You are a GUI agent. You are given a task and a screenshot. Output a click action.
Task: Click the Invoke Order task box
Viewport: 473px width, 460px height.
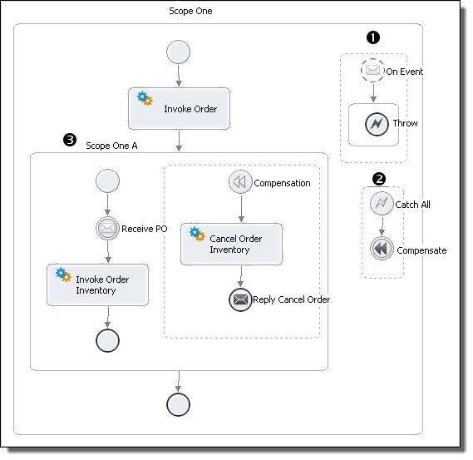click(x=179, y=109)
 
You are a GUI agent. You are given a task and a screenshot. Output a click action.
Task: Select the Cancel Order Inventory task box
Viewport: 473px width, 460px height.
click(x=231, y=245)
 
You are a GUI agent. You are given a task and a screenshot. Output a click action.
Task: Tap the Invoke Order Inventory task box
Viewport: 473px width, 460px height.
click(x=97, y=285)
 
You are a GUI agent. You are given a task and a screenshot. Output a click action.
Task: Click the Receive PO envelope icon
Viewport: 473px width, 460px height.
click(x=107, y=229)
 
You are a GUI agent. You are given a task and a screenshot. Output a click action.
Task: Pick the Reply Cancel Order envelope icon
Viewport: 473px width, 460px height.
click(x=240, y=299)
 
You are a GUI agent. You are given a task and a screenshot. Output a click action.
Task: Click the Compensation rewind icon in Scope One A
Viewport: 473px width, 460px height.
click(x=240, y=182)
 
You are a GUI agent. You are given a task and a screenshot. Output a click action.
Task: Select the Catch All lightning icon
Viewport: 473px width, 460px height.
click(x=382, y=204)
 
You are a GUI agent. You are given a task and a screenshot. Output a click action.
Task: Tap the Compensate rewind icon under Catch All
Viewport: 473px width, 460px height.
click(x=382, y=249)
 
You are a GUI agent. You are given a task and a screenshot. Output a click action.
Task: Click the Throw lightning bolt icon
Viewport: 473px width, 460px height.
click(x=377, y=124)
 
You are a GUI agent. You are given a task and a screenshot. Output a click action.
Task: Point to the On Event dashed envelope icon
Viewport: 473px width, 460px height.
click(x=372, y=71)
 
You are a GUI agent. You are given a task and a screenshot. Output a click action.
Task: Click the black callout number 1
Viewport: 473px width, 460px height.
click(x=373, y=37)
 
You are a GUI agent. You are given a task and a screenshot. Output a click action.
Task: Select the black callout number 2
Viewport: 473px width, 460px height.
click(x=379, y=179)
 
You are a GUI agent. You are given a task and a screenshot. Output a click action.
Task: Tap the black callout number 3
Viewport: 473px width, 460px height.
click(x=70, y=140)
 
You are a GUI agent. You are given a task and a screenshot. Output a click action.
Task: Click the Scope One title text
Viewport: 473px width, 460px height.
click(x=190, y=11)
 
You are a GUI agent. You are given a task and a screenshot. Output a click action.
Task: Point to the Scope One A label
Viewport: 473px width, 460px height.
click(x=111, y=146)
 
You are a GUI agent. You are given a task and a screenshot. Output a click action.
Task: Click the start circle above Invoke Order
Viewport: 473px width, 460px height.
click(x=178, y=52)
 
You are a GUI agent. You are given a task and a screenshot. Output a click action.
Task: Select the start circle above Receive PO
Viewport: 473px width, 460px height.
click(x=107, y=181)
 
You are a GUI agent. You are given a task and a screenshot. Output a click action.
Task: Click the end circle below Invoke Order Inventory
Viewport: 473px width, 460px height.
click(x=107, y=340)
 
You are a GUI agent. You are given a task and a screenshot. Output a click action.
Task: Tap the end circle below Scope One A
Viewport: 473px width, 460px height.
click(x=178, y=404)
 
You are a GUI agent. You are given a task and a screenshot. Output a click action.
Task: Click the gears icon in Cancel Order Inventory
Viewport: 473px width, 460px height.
click(x=197, y=234)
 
